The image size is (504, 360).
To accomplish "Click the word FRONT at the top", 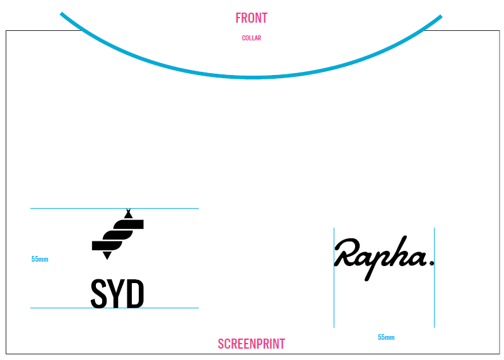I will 251,18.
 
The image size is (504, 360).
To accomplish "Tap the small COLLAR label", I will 251,38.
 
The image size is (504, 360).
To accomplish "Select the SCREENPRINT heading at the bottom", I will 251,344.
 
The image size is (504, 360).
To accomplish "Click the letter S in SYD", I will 100,294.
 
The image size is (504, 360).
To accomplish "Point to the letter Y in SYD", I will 117,294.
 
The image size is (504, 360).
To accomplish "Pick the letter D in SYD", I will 134,294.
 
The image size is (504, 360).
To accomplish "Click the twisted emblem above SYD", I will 118,235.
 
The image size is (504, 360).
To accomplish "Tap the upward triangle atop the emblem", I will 128,214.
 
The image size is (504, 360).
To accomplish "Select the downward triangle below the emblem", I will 107,255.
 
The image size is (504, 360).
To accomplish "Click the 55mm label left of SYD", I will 40,259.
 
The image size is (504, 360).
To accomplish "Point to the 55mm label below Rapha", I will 386,337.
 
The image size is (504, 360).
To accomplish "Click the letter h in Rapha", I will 398,252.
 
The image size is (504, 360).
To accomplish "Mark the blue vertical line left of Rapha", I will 334,303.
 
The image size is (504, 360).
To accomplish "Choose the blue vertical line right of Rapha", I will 434,303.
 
